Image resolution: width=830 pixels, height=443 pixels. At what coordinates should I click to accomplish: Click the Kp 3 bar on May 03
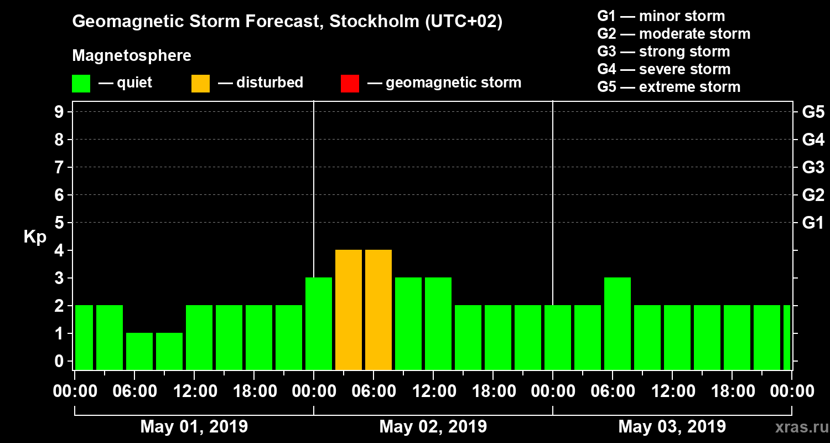coord(618,323)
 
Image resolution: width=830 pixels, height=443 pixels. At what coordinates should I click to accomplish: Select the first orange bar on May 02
coord(349,310)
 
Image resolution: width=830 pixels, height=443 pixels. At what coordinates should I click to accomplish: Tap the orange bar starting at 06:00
coord(378,310)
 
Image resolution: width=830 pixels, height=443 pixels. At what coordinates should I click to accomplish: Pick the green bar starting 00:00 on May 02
coord(319,323)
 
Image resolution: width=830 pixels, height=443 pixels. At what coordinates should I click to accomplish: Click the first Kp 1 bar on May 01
coord(139,351)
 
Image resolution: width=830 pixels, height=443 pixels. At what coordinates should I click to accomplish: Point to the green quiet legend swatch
coord(81,84)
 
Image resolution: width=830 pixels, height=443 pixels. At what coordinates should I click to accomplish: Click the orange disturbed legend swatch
coord(200,84)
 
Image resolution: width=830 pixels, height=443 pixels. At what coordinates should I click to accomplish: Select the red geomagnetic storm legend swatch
coord(350,84)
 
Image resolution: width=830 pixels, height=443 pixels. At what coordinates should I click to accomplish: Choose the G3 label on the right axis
coord(813,168)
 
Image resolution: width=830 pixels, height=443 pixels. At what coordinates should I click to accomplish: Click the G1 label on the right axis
coord(813,223)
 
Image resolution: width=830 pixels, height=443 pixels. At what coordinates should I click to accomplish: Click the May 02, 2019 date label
coord(433,426)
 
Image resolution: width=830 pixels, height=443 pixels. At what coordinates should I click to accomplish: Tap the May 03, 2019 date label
coord(672,426)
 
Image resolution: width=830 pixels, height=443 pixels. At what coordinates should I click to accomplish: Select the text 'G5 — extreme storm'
coord(668,87)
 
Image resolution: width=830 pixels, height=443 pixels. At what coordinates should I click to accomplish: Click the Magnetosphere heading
coord(132,56)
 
